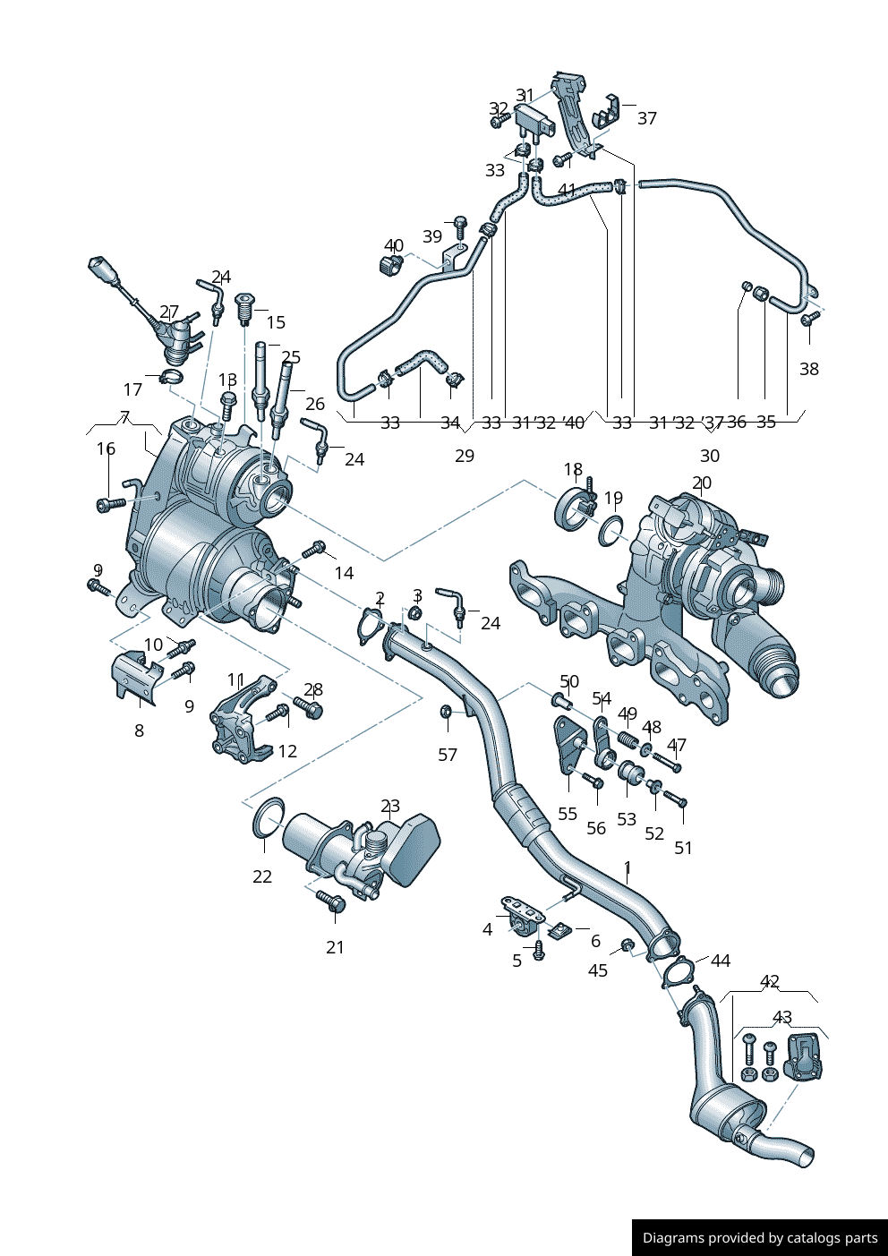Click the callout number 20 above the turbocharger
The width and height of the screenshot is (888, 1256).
pyautogui.click(x=702, y=483)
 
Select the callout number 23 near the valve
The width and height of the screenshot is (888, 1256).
pyautogui.click(x=390, y=807)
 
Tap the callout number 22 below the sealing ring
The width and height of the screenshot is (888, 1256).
pyautogui.click(x=261, y=876)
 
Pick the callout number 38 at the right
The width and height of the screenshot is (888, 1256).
pyautogui.click(x=808, y=369)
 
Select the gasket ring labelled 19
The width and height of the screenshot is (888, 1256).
pyautogui.click(x=611, y=530)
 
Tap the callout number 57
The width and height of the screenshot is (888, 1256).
pyautogui.click(x=448, y=755)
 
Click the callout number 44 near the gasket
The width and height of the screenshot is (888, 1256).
pyautogui.click(x=721, y=961)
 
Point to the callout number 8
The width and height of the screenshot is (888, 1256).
pyautogui.click(x=139, y=731)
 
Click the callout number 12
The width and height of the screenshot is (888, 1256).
pyautogui.click(x=287, y=751)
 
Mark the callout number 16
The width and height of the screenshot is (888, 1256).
pyautogui.click(x=106, y=449)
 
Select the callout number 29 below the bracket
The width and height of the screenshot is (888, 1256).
pyautogui.click(x=464, y=456)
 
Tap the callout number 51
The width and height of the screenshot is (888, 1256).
pyautogui.click(x=683, y=848)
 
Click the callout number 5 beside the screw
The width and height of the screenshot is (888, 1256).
pyautogui.click(x=517, y=961)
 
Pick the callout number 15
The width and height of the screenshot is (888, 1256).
pyautogui.click(x=276, y=322)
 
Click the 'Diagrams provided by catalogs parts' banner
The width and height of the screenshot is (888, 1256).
pyautogui.click(x=760, y=1237)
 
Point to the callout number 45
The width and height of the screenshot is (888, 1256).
pyautogui.click(x=597, y=970)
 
